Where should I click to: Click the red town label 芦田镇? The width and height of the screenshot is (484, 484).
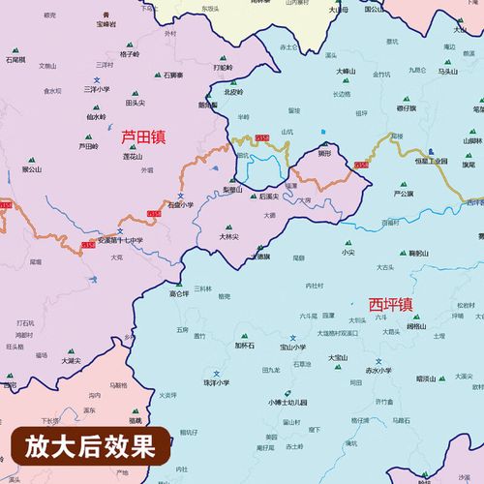coord(142,137)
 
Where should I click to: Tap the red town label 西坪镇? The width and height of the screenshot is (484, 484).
coord(391,303)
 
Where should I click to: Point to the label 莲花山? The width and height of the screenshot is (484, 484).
coord(132,156)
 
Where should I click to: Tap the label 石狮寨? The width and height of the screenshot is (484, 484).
coord(174,75)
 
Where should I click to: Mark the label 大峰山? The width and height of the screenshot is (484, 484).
coord(347,71)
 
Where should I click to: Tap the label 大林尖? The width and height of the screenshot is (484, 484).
coord(228,235)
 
